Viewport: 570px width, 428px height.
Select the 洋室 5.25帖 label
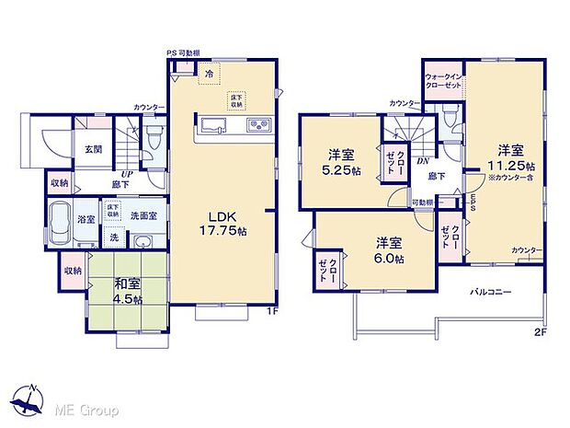click(341, 163)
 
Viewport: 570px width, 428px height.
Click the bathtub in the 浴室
click(59, 224)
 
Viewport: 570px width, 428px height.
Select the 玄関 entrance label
click(95, 148)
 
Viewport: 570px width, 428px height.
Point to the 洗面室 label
click(143, 215)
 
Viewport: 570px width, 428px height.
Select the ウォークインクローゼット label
click(442, 80)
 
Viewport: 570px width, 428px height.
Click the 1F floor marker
click(272, 311)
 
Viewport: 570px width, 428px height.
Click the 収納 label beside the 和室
click(72, 272)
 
